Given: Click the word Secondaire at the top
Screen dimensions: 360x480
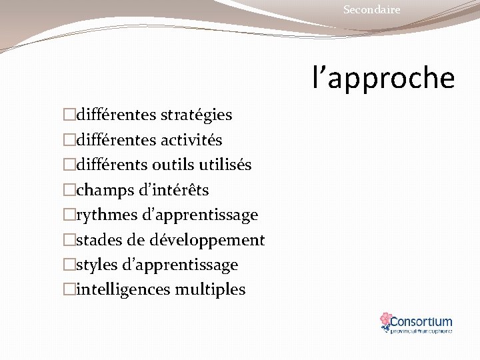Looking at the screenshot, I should click(x=371, y=9).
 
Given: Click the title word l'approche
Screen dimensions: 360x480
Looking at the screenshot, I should click(x=384, y=77).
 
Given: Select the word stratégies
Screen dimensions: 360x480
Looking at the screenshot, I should click(x=196, y=115).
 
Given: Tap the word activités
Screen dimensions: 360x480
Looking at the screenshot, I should click(x=191, y=141).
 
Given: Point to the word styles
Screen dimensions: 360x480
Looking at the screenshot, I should click(x=97, y=265).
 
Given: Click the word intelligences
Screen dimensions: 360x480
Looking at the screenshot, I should click(x=123, y=289).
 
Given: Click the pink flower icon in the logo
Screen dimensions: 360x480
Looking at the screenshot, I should click(x=385, y=321).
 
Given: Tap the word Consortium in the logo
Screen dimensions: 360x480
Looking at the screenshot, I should click(x=421, y=321).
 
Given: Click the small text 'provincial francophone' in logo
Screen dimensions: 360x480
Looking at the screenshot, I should click(x=421, y=331).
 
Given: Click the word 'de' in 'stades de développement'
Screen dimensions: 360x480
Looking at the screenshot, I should click(x=139, y=240).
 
